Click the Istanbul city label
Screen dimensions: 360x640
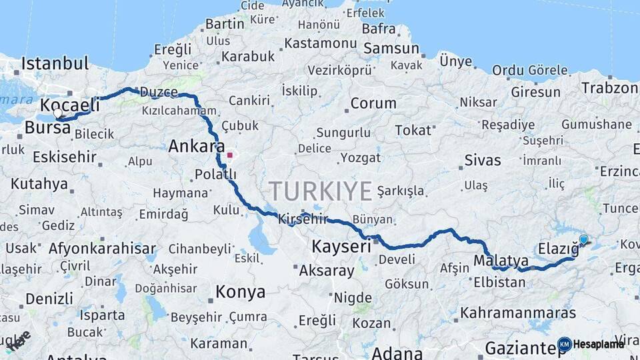click(x=55, y=64)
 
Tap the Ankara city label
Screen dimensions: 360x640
click(x=196, y=146)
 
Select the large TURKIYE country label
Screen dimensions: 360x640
click(x=320, y=191)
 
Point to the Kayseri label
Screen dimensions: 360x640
click(x=341, y=247)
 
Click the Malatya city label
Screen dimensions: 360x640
click(x=501, y=260)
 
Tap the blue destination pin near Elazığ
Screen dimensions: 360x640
click(x=584, y=240)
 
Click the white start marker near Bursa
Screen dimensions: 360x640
click(x=58, y=113)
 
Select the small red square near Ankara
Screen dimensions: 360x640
click(x=229, y=155)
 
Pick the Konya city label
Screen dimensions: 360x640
click(x=240, y=292)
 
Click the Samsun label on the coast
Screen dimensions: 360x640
click(x=391, y=49)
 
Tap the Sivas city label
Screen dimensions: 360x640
click(x=482, y=160)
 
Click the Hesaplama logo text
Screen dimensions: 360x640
click(x=598, y=344)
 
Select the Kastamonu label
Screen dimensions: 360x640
click(x=321, y=43)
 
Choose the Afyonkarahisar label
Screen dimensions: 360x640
click(x=102, y=249)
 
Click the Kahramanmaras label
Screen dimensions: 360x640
click(x=518, y=312)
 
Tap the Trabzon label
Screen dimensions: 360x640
click(x=609, y=87)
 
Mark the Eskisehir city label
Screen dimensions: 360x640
click(x=64, y=157)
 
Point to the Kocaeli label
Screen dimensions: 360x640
click(x=70, y=105)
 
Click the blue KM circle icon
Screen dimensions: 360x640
click(x=565, y=344)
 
